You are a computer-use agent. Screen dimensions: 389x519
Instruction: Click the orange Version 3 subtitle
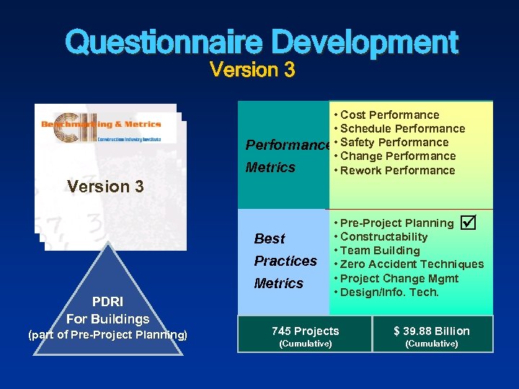click(252, 71)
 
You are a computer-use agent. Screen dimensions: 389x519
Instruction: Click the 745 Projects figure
click(305, 331)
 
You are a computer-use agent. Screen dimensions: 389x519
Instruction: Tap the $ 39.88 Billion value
click(431, 331)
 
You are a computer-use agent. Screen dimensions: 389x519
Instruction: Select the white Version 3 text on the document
click(105, 187)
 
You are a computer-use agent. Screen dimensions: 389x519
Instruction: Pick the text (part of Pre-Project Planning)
click(107, 335)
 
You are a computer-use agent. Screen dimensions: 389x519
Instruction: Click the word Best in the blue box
click(270, 239)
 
